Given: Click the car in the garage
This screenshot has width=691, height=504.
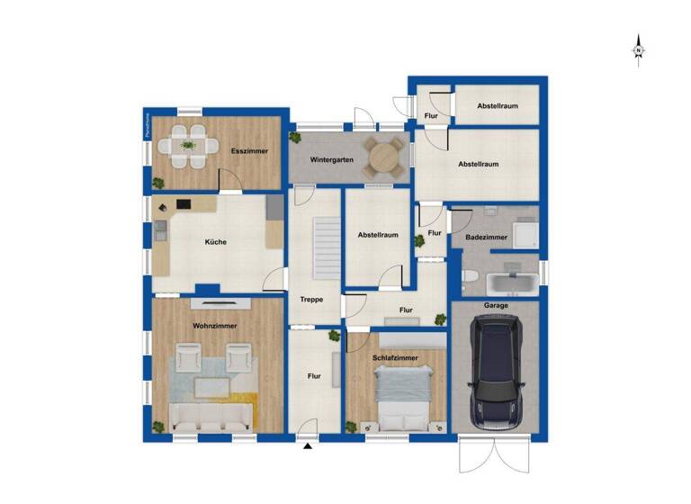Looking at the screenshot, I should point(496,367).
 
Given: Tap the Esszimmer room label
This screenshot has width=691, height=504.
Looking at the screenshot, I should point(249,151).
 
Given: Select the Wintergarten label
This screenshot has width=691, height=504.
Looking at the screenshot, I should point(331,159).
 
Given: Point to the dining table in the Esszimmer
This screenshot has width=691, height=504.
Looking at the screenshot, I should point(189,145).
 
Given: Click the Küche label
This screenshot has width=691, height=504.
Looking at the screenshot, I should point(215,241).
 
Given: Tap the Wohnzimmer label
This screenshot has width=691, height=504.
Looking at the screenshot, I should point(214,325).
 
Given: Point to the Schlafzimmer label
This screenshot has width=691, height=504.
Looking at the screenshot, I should point(395,357).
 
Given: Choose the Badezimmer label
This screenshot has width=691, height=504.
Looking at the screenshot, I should point(486,237).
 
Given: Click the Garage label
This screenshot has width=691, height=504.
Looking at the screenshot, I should point(496,306).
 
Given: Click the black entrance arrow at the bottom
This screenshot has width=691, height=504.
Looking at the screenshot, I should point(307,445).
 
